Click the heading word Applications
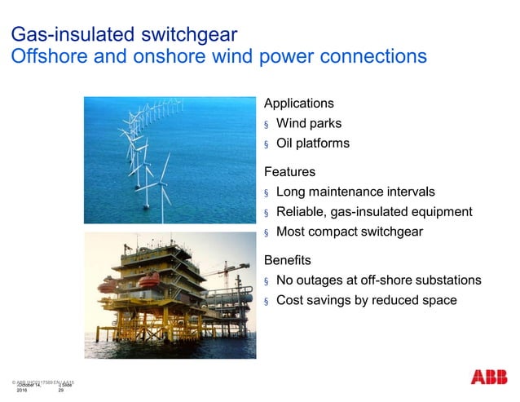[x=298, y=104]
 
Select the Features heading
[x=289, y=172]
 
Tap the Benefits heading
[x=288, y=260]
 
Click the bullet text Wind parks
[x=309, y=124]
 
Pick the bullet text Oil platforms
[x=313, y=144]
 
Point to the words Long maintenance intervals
[x=355, y=192]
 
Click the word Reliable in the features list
[x=300, y=212]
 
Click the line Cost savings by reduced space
[x=366, y=300]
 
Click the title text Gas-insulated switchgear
[x=123, y=34]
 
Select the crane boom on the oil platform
[x=225, y=270]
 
